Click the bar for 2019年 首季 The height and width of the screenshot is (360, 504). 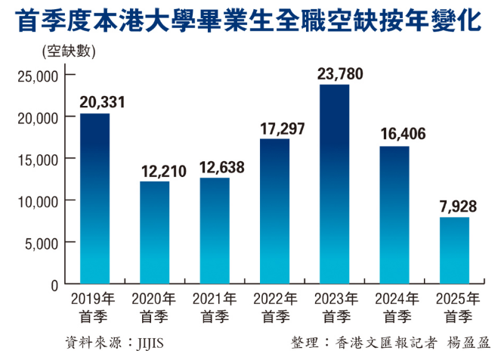tap(94, 198)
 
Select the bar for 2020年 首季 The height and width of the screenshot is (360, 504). tap(155, 232)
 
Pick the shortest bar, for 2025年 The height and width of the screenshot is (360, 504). tap(454, 250)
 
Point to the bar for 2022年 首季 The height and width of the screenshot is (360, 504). tap(274, 211)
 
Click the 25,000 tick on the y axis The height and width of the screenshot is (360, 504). tap(37, 76)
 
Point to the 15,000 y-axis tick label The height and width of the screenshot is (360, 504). tap(37, 159)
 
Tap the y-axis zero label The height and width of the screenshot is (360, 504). tap(54, 284)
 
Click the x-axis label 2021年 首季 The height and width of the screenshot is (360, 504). tap(215, 306)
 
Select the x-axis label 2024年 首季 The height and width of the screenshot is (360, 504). tap(394, 306)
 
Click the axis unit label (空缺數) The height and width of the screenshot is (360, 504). tap(64, 52)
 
